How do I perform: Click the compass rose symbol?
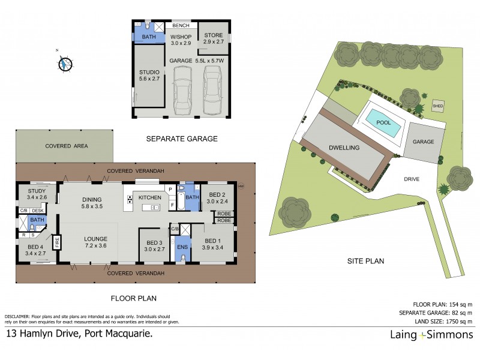pyautogui.click(x=65, y=62)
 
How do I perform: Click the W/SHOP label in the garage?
pyautogui.click(x=181, y=40)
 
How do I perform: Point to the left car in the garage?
pyautogui.click(x=182, y=90)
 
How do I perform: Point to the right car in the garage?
pyautogui.click(x=212, y=90)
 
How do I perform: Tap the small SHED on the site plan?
pyautogui.click(x=439, y=104)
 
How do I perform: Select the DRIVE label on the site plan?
pyautogui.click(x=411, y=179)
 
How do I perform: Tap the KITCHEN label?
pyautogui.click(x=151, y=197)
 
